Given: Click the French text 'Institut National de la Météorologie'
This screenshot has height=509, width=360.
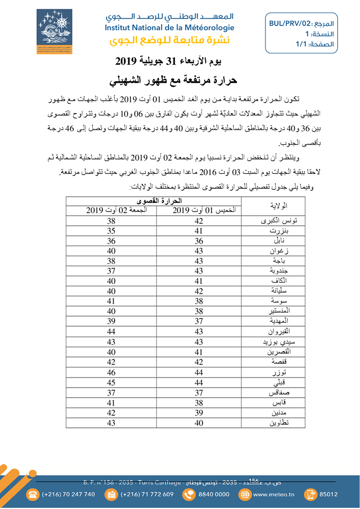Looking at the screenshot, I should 169,28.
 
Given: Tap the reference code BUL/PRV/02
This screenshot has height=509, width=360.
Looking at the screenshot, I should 290,24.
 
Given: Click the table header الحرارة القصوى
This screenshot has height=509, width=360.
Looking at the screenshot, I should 154,201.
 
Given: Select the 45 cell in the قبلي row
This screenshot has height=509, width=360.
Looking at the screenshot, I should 111,383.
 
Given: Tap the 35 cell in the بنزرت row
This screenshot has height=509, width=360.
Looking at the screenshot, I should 111,231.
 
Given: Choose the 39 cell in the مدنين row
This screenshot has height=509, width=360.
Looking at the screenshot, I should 199,413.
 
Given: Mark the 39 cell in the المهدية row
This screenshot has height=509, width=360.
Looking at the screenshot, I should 111,322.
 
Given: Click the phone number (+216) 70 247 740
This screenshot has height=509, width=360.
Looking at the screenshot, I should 68,494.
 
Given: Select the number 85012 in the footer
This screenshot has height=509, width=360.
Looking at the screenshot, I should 328,494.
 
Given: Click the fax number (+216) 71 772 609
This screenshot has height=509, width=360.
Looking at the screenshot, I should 147,494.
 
